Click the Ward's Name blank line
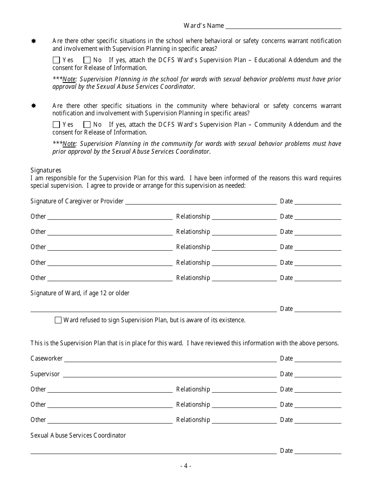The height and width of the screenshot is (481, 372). tap(283, 26)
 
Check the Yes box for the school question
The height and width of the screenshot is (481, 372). tap(56, 60)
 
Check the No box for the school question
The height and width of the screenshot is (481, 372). tap(87, 60)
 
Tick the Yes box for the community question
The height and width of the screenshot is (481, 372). tap(56, 125)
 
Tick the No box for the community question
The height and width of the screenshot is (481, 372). tap(87, 125)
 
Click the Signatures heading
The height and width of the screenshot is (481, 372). tap(46, 170)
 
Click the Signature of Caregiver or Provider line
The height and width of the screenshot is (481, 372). tap(200, 202)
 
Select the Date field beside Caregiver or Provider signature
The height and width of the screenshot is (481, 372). tap(318, 202)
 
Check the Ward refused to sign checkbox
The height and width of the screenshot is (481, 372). tap(58, 320)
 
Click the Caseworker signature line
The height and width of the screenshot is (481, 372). tap(170, 359)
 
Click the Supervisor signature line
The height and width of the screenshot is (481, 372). tap(170, 375)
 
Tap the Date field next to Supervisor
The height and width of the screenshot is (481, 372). tap(318, 375)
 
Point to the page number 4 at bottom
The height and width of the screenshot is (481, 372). tap(186, 466)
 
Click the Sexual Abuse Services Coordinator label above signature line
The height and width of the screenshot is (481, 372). tap(78, 435)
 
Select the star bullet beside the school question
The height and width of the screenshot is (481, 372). tap(34, 41)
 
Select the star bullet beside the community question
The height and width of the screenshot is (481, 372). tap(34, 106)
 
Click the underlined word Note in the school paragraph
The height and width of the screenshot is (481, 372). tap(69, 79)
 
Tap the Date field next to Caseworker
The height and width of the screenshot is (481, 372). tap(318, 359)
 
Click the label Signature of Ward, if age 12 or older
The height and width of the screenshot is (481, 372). tap(80, 293)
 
